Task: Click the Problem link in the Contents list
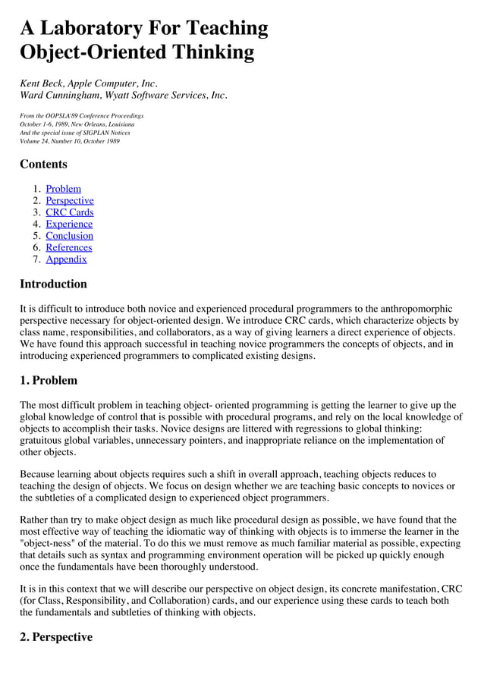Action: pos(63,189)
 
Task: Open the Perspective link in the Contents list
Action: pos(70,200)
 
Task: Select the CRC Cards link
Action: pos(69,212)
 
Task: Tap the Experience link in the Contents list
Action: pos(69,224)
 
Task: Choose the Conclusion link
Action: pos(69,236)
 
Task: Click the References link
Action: pos(68,247)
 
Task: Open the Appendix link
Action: pos(66,259)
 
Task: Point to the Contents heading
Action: pos(43,165)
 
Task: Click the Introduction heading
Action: pos(53,284)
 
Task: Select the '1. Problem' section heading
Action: pos(49,380)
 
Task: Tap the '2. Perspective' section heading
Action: pos(56,637)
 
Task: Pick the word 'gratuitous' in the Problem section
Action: pos(44,440)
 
